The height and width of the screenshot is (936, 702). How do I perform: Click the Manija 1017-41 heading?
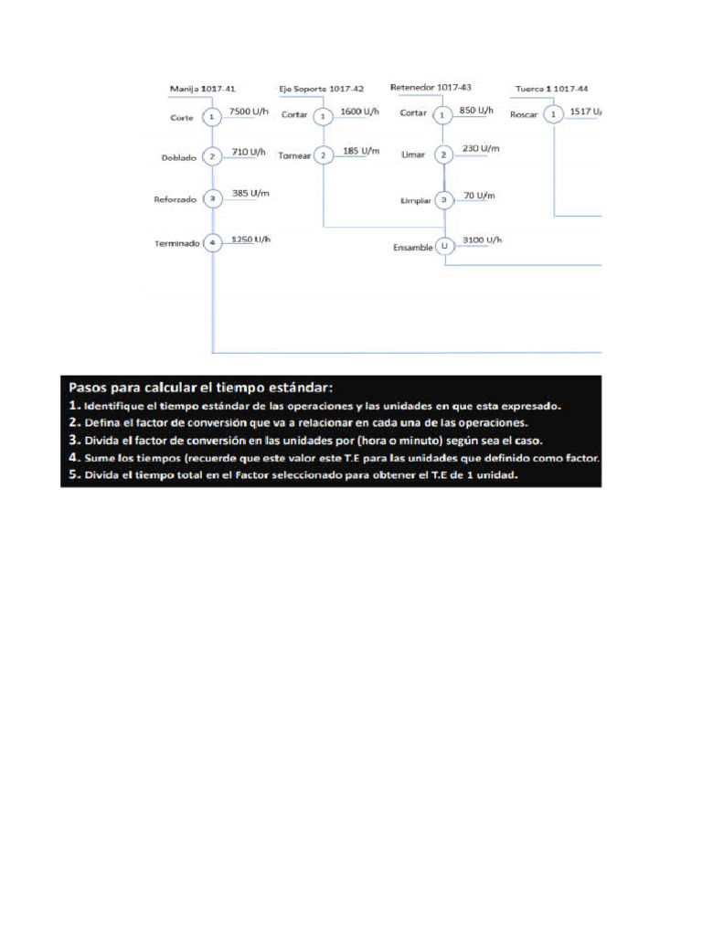203,89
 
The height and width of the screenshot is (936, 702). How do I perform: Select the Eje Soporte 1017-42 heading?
321,89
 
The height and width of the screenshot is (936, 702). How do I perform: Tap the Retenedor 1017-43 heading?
431,87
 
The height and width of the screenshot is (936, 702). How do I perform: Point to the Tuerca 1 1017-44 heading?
551,89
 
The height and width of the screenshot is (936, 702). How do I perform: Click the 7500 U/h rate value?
250,112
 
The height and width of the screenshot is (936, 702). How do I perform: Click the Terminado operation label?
178,243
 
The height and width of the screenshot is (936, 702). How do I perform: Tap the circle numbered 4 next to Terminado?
211,243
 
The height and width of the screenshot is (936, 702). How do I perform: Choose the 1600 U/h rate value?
359,112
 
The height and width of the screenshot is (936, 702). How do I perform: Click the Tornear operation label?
295,156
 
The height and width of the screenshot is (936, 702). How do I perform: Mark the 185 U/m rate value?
357,150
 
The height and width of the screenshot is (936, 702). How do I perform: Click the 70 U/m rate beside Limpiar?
479,196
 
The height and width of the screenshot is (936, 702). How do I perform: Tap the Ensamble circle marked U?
444,246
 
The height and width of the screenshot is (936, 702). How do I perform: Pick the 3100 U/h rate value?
483,239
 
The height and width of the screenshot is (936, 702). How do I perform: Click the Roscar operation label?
524,115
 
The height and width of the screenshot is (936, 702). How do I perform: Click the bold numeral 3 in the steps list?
72,440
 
